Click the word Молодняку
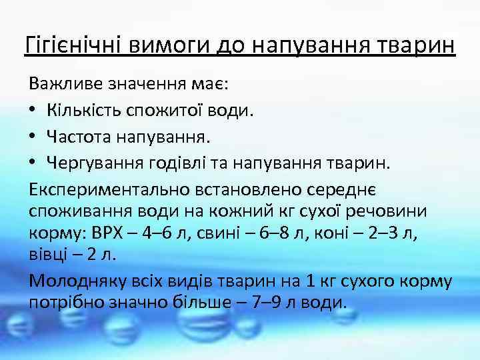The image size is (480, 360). [x=79, y=280]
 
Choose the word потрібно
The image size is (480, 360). [x=63, y=303]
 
